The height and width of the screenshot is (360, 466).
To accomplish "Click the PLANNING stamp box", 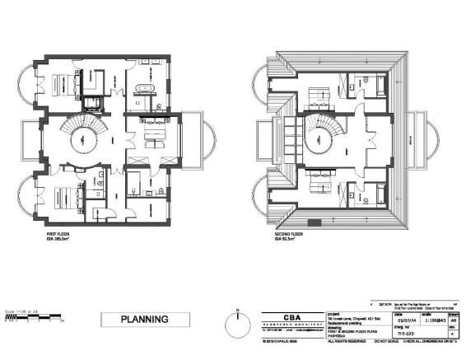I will (x=145, y=319).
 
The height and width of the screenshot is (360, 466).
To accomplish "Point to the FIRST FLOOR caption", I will (x=58, y=234).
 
